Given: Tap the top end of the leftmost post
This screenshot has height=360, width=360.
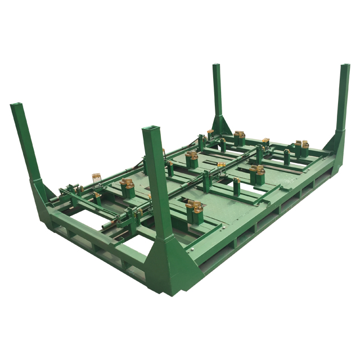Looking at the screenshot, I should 16,106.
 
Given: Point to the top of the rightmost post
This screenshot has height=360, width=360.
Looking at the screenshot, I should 345,67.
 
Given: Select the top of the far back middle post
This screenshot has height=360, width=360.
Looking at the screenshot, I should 216,66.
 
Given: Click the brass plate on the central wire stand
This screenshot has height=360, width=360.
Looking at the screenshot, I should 221,165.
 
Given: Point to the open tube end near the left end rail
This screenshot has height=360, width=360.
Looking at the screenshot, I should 106,228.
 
